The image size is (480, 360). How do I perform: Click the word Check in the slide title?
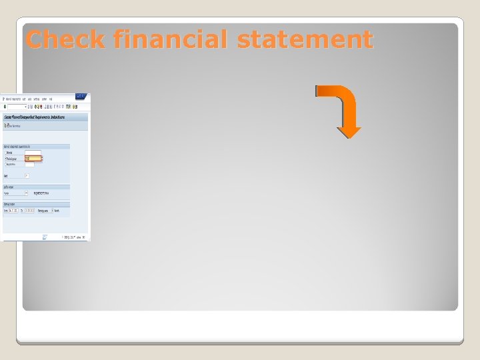coord(65,39)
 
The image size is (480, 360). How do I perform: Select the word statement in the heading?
coord(305,39)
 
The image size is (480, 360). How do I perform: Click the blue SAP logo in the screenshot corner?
coord(81,97)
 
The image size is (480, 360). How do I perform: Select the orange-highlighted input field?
coord(33,159)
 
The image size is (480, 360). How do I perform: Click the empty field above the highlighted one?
coord(33,153)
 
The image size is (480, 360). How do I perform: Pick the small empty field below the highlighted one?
coord(30,164)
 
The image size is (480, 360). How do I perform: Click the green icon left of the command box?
coord(5,107)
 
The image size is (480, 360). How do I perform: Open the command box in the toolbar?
coord(17,107)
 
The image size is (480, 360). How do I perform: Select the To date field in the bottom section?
coord(31,211)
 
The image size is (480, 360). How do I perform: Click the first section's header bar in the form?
coord(45,146)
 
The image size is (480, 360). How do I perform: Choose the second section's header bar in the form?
coord(45,187)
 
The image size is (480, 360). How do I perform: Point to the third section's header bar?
coord(45,205)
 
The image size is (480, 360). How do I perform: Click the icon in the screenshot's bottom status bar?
coord(45,237)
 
